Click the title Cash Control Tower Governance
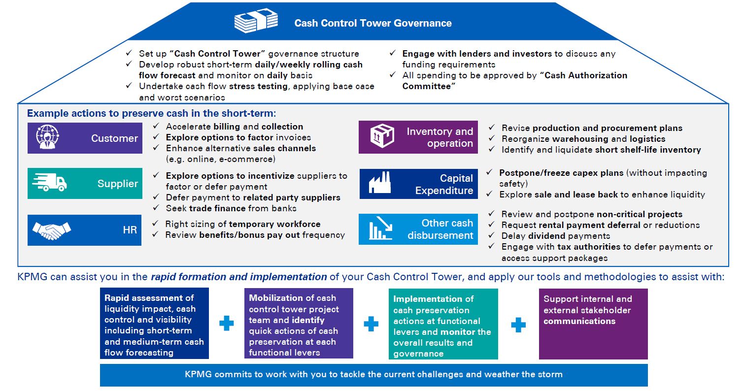tap(372, 23)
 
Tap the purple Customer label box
tap(85, 138)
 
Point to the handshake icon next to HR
tap(52, 229)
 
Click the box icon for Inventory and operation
tap(382, 137)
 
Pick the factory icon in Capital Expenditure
tap(381, 184)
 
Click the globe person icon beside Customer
tap(47, 137)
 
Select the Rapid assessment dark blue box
tap(154, 324)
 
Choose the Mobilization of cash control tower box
tap(299, 324)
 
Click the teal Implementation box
tap(443, 324)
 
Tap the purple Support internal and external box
tap(593, 324)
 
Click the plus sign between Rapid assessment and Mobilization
tap(227, 324)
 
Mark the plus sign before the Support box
tap(518, 324)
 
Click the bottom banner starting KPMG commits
tap(373, 375)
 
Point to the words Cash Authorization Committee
tap(514, 81)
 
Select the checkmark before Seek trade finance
tap(156, 208)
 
